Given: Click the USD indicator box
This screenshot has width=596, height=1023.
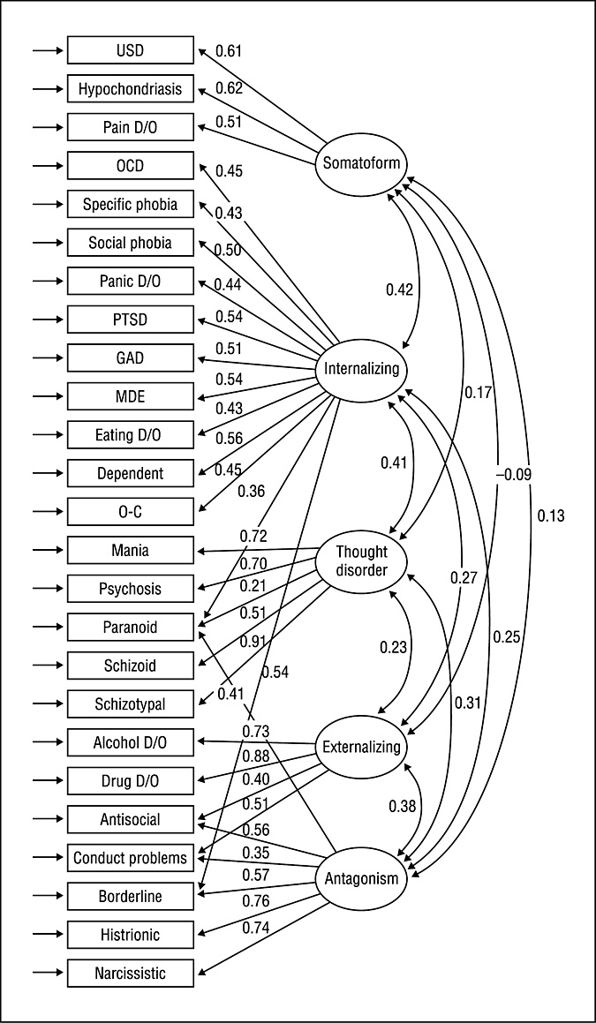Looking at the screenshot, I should tap(130, 50).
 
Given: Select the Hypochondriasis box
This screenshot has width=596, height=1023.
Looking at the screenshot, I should tap(130, 88).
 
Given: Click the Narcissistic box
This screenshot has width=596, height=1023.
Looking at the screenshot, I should tap(130, 973).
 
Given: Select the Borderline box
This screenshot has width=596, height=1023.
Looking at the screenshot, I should tap(130, 896).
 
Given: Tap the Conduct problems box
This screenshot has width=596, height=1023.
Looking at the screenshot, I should tap(130, 858).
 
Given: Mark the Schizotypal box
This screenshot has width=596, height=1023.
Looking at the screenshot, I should tap(130, 703).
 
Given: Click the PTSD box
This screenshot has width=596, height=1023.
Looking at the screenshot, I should tap(130, 320).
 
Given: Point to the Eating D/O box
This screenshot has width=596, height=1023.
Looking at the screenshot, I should tap(130, 434).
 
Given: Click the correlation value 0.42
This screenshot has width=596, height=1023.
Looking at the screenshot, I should tap(401, 289).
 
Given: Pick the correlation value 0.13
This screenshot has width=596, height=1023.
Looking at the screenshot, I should tap(549, 515).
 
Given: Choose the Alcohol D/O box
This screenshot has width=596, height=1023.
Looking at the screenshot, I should tap(130, 742).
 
